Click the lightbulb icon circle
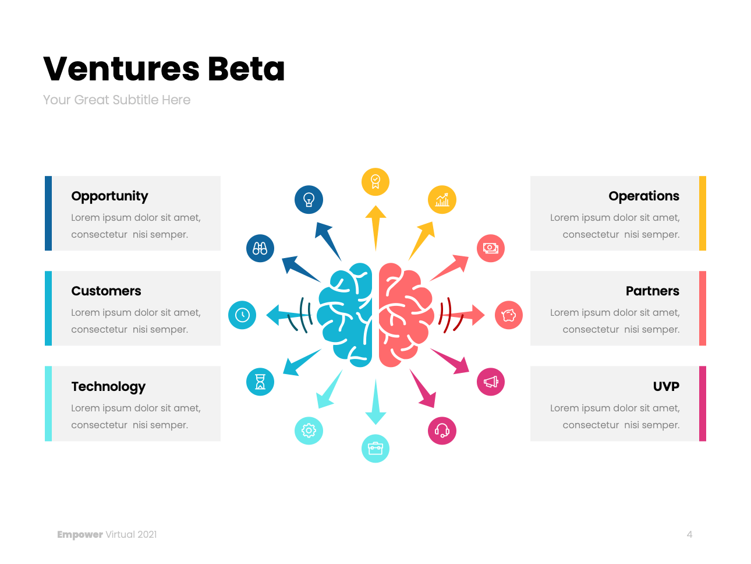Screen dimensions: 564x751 (x=309, y=200)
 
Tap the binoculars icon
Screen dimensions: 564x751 (x=260, y=248)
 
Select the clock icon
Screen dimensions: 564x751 (x=242, y=315)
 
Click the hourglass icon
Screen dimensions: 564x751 (x=260, y=382)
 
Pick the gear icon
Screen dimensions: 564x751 (x=309, y=431)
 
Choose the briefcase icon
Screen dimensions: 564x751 (x=375, y=449)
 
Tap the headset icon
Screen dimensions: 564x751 (x=442, y=431)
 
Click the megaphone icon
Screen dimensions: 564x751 (x=491, y=382)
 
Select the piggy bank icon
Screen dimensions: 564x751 (x=509, y=315)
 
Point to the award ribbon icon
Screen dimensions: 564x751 (x=375, y=182)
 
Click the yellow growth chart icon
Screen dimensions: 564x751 (x=442, y=200)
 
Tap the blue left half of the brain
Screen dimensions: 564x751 (x=347, y=315)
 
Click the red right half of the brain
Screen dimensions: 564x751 (x=404, y=315)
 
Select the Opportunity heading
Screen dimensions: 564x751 (x=109, y=196)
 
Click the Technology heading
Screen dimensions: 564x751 (x=108, y=387)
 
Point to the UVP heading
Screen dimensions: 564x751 (x=666, y=387)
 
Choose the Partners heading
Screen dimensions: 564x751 (x=652, y=291)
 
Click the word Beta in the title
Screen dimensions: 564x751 (x=246, y=69)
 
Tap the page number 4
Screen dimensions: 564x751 (x=689, y=534)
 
